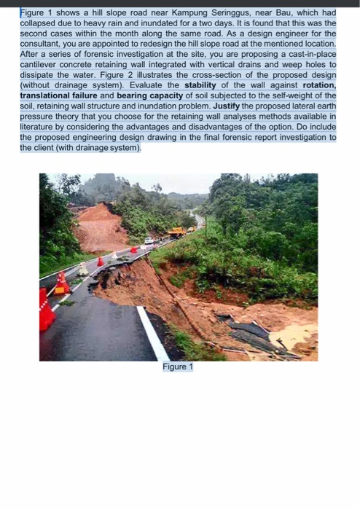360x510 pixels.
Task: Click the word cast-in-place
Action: tap(310, 55)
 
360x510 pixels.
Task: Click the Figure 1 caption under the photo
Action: tap(178, 367)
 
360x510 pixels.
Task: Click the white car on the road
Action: tap(149, 240)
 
